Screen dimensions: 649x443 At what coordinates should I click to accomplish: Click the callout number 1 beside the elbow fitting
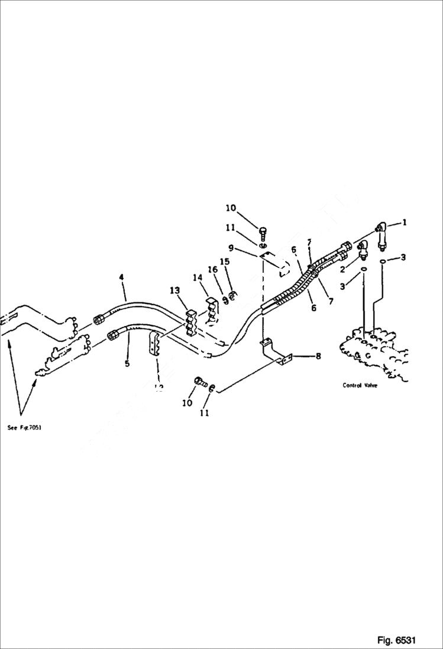click(x=405, y=223)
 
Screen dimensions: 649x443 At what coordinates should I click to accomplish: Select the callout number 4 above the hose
click(x=121, y=277)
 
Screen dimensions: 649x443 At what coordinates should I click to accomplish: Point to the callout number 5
click(x=127, y=363)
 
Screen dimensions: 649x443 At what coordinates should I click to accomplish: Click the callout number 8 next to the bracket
click(x=318, y=356)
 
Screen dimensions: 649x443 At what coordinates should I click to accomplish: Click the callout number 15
click(x=224, y=261)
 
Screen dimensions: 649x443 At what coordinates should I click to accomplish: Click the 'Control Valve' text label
click(x=360, y=385)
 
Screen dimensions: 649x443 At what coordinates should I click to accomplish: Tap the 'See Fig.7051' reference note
click(x=24, y=428)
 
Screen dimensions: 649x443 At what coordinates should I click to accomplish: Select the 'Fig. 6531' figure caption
click(x=396, y=640)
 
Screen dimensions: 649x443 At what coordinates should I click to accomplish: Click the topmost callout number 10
click(x=231, y=208)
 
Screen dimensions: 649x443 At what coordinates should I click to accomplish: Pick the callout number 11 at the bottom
click(x=204, y=414)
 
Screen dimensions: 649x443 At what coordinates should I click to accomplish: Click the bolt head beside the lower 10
click(x=199, y=382)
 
